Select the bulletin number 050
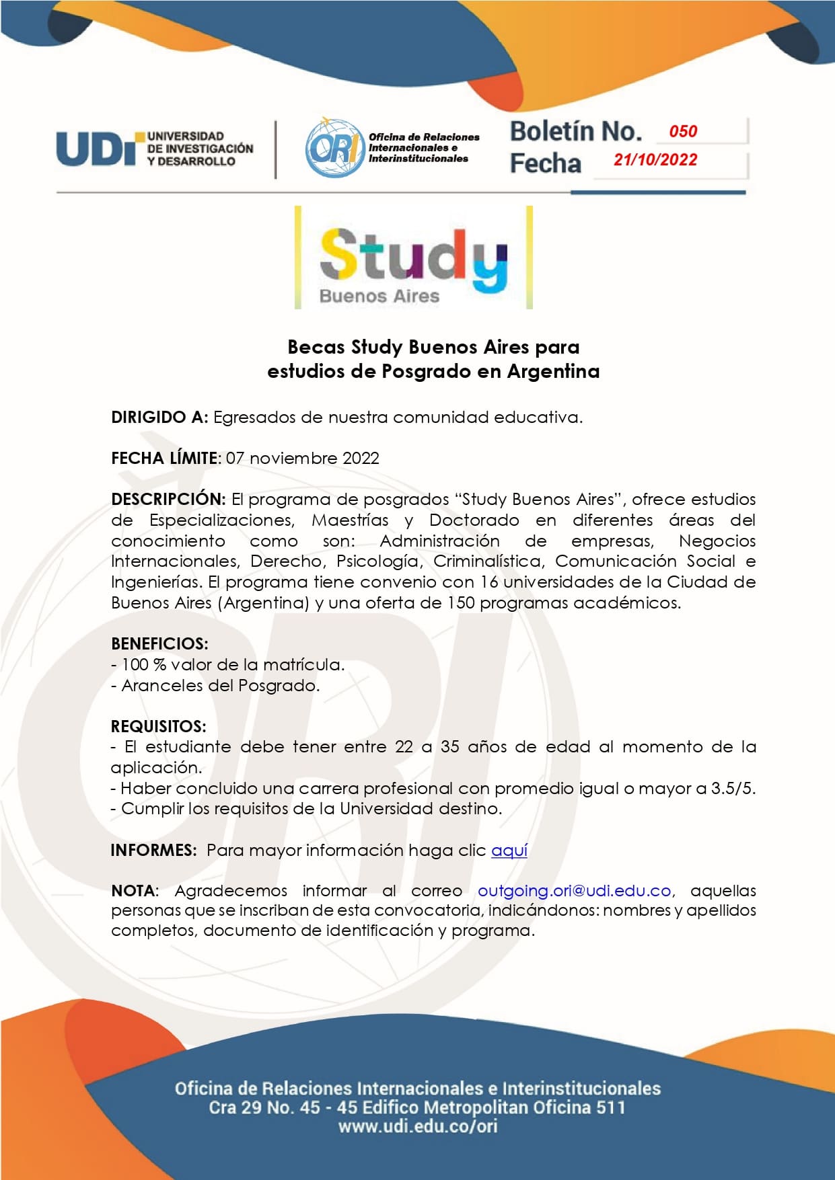click(x=683, y=131)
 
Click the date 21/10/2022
click(x=655, y=160)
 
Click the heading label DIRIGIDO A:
click(x=159, y=418)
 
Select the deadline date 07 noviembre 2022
click(x=303, y=459)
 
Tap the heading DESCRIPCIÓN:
click(x=168, y=500)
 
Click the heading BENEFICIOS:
click(x=159, y=643)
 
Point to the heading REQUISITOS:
click(x=159, y=726)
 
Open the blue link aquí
click(x=509, y=851)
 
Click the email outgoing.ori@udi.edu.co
click(x=574, y=891)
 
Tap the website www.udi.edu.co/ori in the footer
click(x=418, y=1126)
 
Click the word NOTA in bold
click(x=133, y=891)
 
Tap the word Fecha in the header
click(x=545, y=163)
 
